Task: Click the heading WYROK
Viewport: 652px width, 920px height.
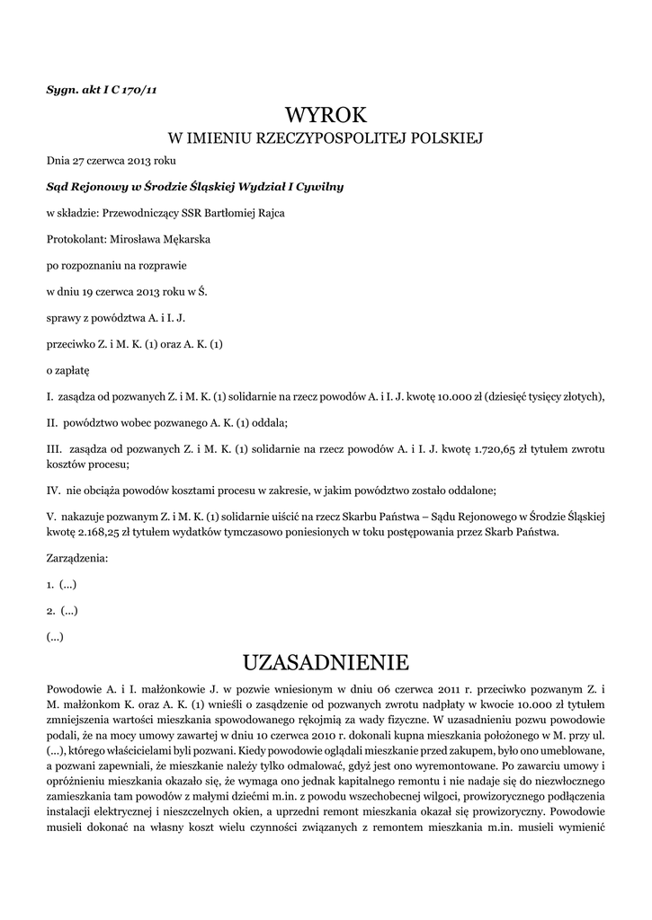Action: [326, 115]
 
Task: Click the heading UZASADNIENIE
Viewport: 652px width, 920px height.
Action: [326, 663]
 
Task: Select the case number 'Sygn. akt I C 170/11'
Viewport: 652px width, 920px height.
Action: [102, 88]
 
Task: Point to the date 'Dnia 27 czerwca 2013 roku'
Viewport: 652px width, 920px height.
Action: [112, 161]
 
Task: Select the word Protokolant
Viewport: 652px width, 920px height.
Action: [76, 239]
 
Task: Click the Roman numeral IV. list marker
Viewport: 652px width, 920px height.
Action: [53, 490]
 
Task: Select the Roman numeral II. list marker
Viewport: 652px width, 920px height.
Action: [52, 421]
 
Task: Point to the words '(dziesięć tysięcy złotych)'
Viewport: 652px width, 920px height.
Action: [544, 395]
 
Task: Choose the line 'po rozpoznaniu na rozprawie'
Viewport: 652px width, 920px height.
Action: [117, 265]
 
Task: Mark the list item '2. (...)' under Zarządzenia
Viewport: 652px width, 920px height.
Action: [62, 610]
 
